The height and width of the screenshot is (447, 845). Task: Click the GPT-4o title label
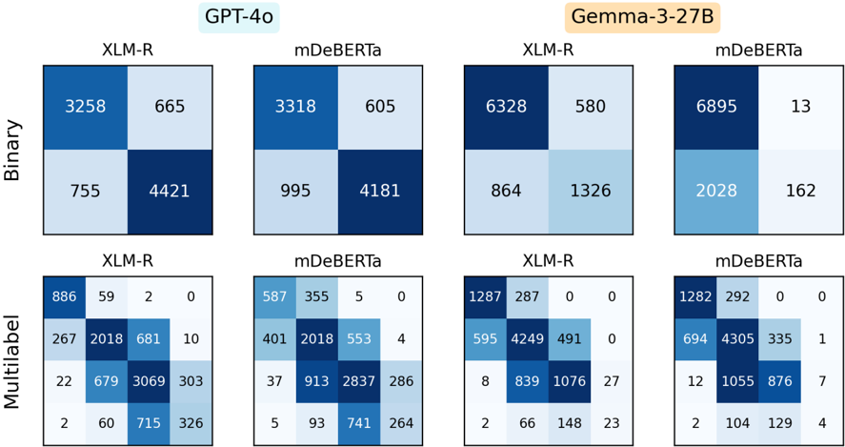(x=239, y=17)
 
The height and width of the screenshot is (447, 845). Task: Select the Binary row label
(x=18, y=151)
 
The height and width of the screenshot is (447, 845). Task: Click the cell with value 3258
(x=85, y=107)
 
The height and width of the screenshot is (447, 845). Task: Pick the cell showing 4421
(x=170, y=192)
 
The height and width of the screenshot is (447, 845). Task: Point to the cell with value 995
(x=295, y=192)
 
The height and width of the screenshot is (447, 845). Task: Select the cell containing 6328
(x=506, y=107)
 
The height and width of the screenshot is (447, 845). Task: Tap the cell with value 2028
(x=716, y=192)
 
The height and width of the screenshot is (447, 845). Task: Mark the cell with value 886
(x=64, y=296)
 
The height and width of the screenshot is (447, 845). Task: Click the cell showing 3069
(x=149, y=380)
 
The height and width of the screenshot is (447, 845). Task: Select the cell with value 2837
(x=358, y=380)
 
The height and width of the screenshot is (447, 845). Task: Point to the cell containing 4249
(x=527, y=338)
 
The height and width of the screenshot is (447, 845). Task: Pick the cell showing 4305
(x=737, y=338)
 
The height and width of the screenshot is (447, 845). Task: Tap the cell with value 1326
(x=590, y=192)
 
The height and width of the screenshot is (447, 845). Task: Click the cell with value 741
(x=358, y=423)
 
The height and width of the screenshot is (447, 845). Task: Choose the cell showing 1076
(x=569, y=380)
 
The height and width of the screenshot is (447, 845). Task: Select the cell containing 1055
(x=737, y=380)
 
